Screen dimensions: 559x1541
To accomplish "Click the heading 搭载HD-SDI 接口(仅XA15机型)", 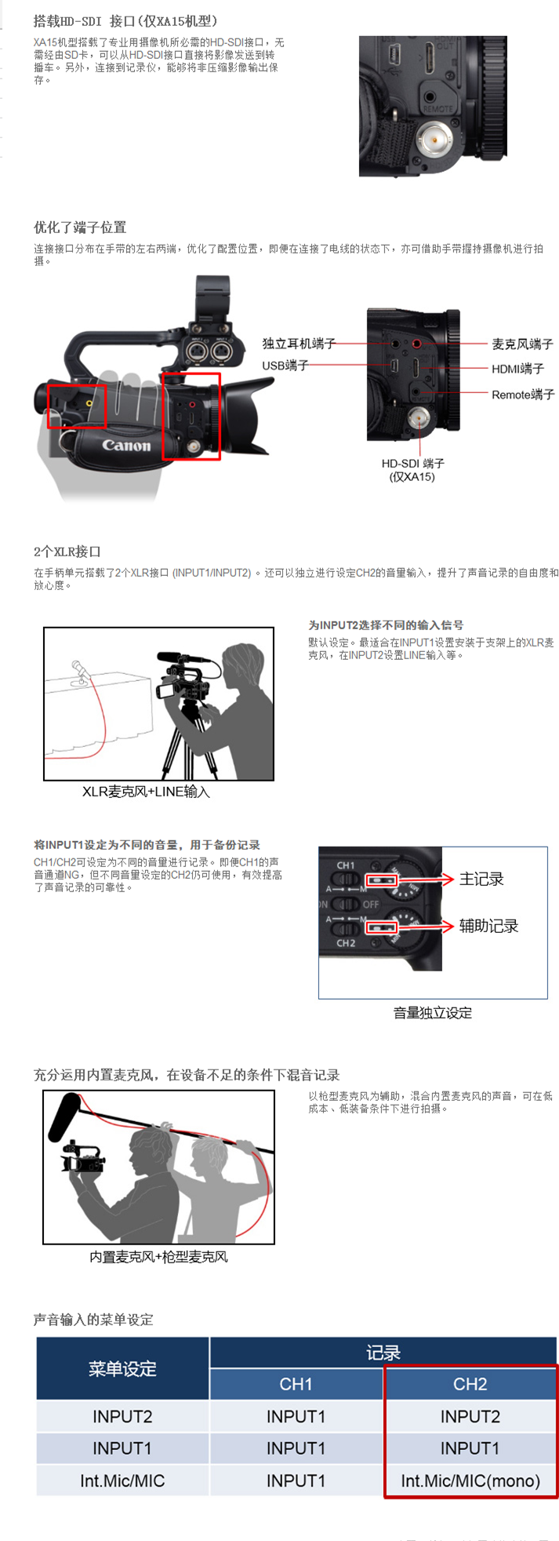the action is [x=125, y=21].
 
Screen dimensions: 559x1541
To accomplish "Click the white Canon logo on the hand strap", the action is [x=126, y=446].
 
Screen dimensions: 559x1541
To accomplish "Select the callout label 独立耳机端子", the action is [x=299, y=344].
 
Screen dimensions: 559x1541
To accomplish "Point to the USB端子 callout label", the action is [x=285, y=366].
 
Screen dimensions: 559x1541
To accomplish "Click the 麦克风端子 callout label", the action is [x=523, y=344].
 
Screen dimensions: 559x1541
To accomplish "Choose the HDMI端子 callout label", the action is [x=517, y=369].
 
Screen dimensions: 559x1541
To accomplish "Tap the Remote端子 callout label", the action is [x=523, y=395].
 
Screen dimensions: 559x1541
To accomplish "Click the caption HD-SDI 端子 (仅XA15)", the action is [x=412, y=470].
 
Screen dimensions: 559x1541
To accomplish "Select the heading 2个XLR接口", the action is [x=67, y=552].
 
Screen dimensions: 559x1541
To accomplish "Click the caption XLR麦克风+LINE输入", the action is [x=147, y=792].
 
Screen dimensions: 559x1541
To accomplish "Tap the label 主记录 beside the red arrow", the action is [x=481, y=880].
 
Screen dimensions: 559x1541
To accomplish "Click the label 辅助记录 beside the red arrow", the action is [x=488, y=927].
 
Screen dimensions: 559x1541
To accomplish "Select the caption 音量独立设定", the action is [x=433, y=1013].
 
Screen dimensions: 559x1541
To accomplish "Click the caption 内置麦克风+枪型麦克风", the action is [x=158, y=1257].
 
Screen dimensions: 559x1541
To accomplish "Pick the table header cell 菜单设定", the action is [x=123, y=1369].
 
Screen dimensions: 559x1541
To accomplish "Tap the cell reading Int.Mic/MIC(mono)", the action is [x=470, y=1481].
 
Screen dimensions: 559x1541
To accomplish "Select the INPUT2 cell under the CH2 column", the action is [x=470, y=1417].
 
